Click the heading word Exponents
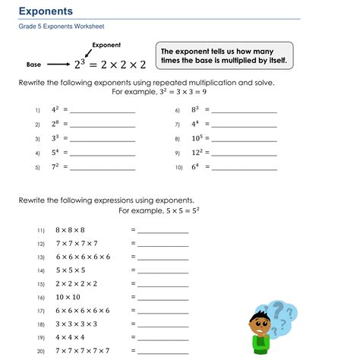coord(46,11)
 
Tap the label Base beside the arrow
coord(33,65)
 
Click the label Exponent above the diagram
coord(106,46)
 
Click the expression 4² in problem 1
coord(55,110)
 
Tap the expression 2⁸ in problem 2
coord(55,125)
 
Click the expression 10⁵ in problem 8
coord(195,139)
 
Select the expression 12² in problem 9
coord(195,153)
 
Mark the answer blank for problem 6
coord(244,112)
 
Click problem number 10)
coord(179,168)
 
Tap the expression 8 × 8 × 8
coord(71,229)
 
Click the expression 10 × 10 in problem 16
coord(68,297)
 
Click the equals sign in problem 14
coord(133,270)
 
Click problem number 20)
coord(41,351)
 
